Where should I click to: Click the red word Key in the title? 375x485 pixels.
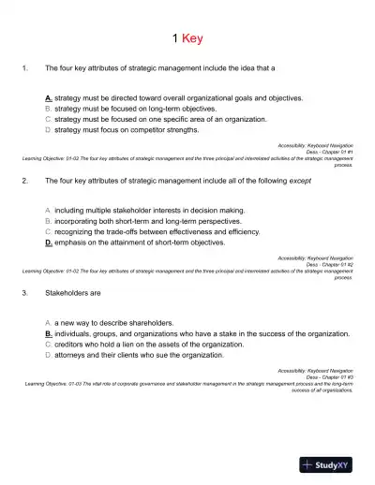tap(192, 38)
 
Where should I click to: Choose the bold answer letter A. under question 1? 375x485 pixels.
tap(48, 97)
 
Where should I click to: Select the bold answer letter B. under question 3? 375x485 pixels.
tap(48, 331)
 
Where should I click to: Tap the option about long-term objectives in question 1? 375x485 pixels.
tap(126, 109)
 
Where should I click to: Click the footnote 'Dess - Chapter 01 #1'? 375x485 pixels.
tap(329, 153)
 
